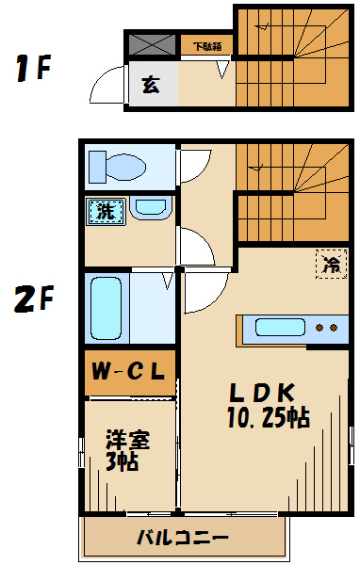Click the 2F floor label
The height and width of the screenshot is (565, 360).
(x=33, y=299)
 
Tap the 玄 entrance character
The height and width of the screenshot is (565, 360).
(x=151, y=85)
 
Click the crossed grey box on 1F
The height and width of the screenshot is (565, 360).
(x=151, y=43)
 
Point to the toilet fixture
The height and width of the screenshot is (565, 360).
(x=117, y=168)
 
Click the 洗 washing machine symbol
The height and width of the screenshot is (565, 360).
(x=105, y=211)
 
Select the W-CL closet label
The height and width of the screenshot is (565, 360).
(x=129, y=372)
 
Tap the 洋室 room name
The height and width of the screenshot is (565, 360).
(x=127, y=440)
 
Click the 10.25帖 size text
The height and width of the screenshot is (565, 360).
(x=268, y=417)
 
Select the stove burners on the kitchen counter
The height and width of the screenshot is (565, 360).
(x=325, y=328)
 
